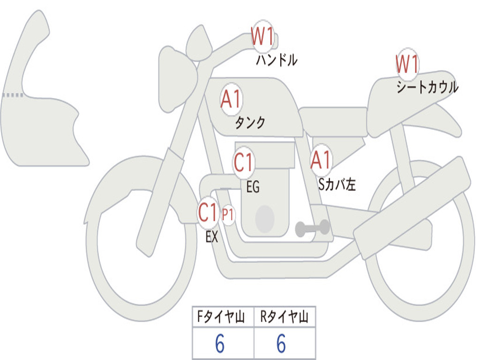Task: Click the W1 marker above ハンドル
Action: click(262, 37)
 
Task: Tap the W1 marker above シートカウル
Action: click(407, 64)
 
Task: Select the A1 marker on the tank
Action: click(231, 99)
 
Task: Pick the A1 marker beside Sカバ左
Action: click(321, 160)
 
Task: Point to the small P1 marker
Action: click(228, 215)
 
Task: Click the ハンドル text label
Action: click(277, 60)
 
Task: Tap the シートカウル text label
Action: click(427, 88)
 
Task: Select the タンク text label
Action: click(250, 123)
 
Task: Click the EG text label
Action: click(253, 187)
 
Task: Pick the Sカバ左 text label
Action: click(337, 185)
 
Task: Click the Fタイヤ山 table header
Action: click(223, 318)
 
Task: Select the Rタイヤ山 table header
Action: click(284, 318)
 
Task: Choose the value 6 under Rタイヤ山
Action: click(281, 345)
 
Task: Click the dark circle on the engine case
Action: click(265, 218)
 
